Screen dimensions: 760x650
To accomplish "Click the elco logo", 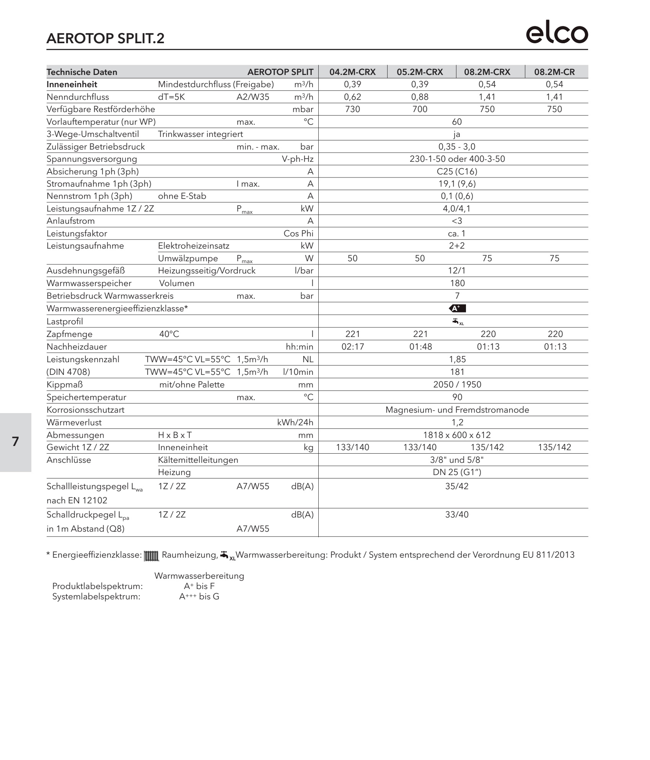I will [557, 34].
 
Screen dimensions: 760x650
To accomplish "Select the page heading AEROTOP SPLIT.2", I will [105, 39].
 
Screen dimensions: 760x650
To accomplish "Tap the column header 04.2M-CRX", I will [352, 72].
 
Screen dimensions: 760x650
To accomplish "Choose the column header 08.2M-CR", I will [554, 72].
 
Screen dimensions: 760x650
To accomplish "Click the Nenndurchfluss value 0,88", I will [420, 97].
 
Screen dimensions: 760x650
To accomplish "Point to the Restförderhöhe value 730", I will [352, 109].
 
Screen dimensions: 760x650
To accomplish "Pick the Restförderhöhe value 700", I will [420, 109].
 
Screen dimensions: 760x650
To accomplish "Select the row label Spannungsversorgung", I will [92, 159].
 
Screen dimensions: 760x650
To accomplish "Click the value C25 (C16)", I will [457, 171].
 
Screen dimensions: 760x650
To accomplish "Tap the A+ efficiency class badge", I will [458, 309].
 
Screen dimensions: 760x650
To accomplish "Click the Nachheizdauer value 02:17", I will [352, 347].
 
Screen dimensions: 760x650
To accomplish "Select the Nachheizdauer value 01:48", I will [420, 347].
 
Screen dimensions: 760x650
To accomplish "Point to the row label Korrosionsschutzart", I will [85, 410].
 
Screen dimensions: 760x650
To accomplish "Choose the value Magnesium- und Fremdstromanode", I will [457, 410].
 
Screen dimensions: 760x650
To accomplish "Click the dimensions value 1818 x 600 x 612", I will [457, 435].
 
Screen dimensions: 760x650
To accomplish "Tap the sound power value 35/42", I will [457, 487].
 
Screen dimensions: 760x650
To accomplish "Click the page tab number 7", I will [15, 442].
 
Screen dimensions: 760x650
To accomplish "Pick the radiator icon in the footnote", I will [151, 556].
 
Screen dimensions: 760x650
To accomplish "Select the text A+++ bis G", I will [199, 597].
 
